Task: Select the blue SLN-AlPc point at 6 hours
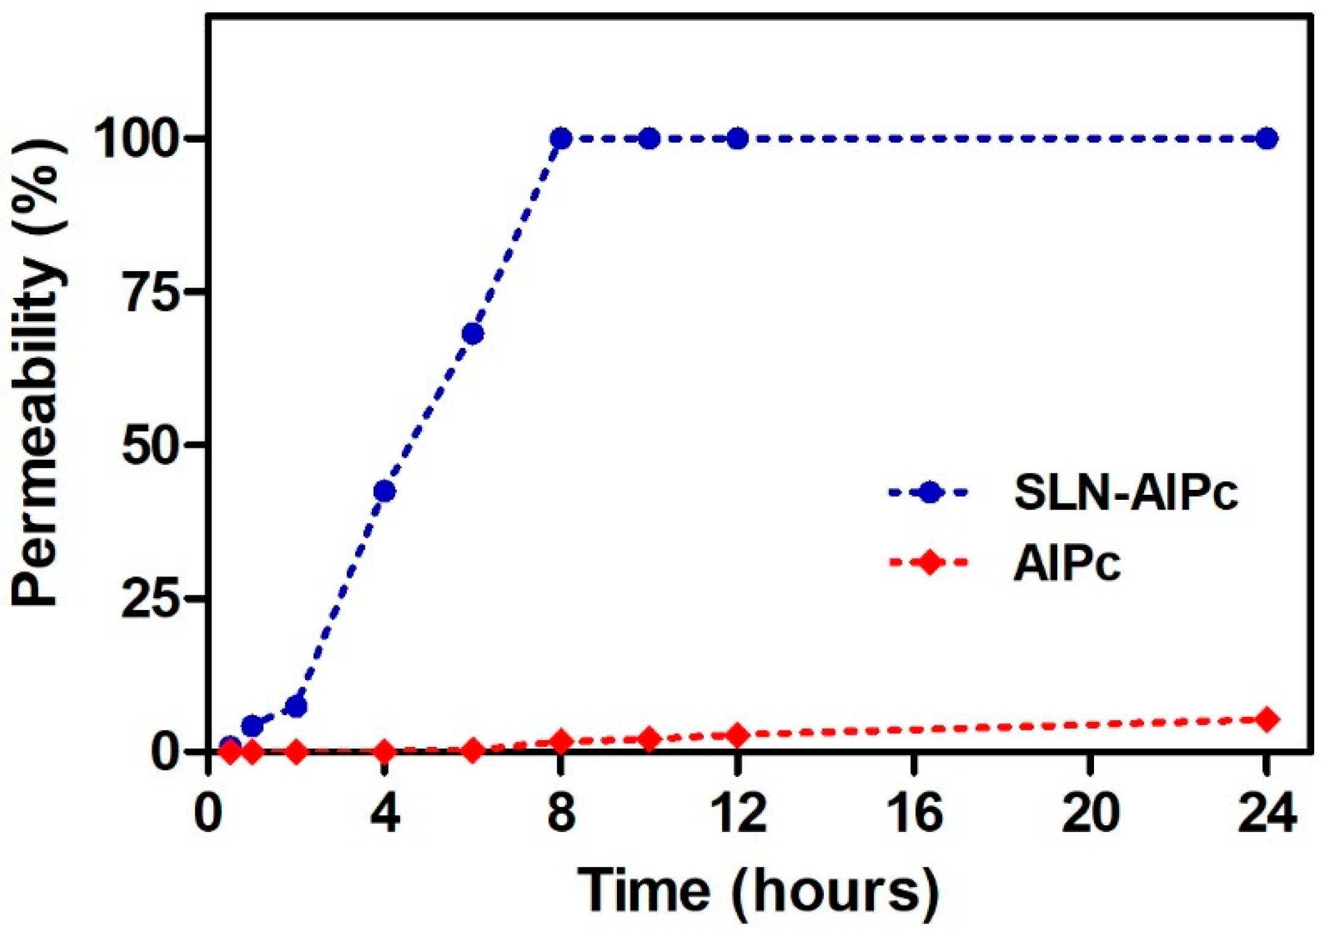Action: [473, 334]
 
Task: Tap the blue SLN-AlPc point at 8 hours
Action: [561, 139]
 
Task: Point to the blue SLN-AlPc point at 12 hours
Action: [738, 139]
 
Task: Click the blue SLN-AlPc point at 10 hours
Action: [649, 139]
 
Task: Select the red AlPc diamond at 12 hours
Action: [738, 735]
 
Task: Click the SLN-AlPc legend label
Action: [1126, 493]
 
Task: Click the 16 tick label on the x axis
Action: [914, 814]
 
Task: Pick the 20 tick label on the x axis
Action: [1090, 814]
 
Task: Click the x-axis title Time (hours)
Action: [758, 891]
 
